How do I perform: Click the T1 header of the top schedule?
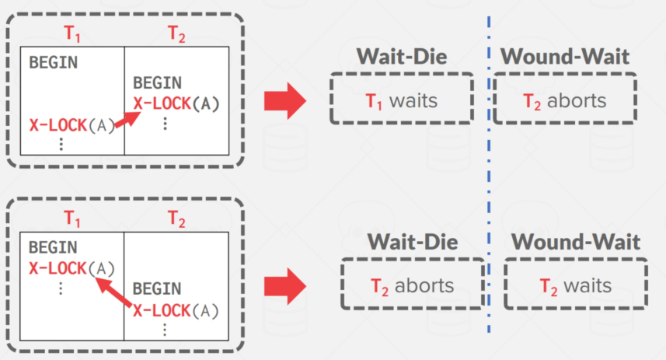(x=71, y=33)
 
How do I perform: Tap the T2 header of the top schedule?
(x=176, y=33)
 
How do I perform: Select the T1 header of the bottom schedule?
(x=71, y=218)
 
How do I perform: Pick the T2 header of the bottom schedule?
(x=176, y=218)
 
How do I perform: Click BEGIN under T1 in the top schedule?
(x=53, y=62)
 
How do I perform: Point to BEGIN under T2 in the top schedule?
(x=157, y=83)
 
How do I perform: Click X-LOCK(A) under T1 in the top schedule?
(x=72, y=125)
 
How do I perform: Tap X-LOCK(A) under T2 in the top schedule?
(x=176, y=103)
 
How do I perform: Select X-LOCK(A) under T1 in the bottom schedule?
(x=71, y=268)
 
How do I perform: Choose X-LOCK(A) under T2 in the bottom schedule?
(x=176, y=311)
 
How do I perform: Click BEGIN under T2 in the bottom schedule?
(x=157, y=289)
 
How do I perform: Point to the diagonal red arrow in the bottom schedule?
(x=113, y=292)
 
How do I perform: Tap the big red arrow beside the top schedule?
(x=285, y=101)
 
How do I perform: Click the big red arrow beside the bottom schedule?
(x=285, y=286)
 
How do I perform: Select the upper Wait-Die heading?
(x=402, y=57)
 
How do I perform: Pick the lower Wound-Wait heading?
(x=576, y=242)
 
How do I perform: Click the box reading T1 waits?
(x=402, y=99)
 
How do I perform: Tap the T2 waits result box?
(x=576, y=284)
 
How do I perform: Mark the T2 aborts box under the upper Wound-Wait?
(x=565, y=99)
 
